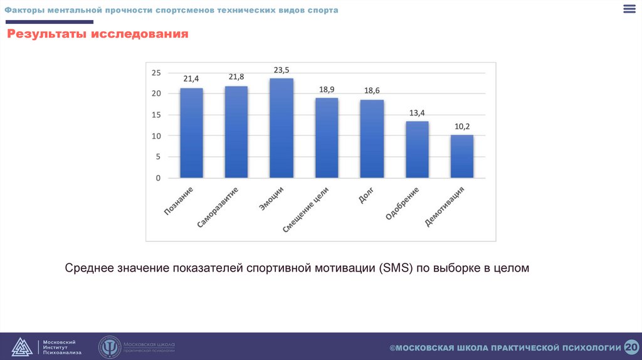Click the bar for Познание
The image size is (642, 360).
pyautogui.click(x=191, y=133)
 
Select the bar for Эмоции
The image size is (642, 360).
pyautogui.click(x=282, y=128)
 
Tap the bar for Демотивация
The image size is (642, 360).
pyautogui.click(x=462, y=156)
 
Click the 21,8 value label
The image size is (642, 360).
pyautogui.click(x=236, y=77)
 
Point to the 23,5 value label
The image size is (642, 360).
pyautogui.click(x=282, y=70)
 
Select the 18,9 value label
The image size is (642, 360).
pyautogui.click(x=327, y=90)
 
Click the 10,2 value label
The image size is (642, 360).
pyautogui.click(x=462, y=126)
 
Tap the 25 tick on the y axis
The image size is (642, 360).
pyautogui.click(x=156, y=73)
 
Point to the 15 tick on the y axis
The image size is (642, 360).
pyautogui.click(x=156, y=115)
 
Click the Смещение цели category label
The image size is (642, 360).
pyautogui.click(x=305, y=209)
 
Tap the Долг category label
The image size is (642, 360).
pyautogui.click(x=367, y=195)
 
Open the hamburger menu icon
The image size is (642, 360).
pyautogui.click(x=629, y=9)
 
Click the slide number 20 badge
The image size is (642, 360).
pyautogui.click(x=631, y=347)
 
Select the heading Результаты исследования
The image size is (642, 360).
pyautogui.click(x=98, y=34)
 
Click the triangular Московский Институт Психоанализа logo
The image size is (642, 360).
pyautogui.click(x=22, y=347)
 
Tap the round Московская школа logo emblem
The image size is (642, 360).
pyautogui.click(x=109, y=347)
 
